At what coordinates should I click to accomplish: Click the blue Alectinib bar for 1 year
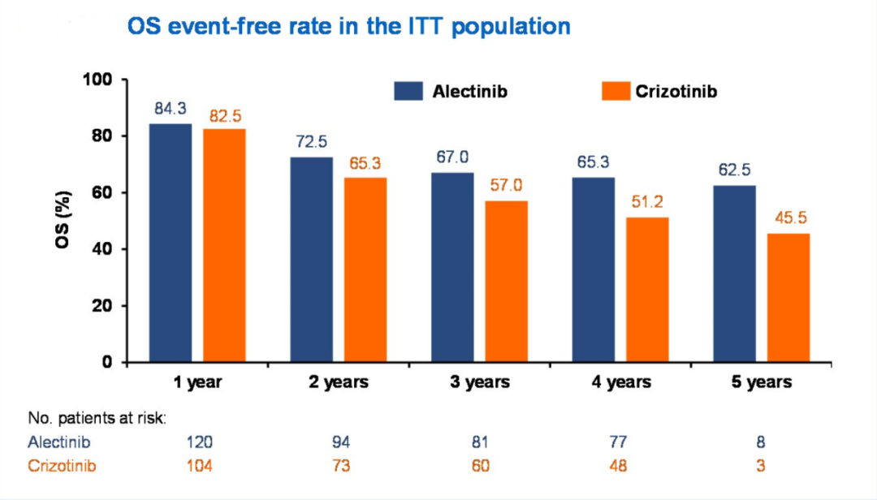[x=170, y=244]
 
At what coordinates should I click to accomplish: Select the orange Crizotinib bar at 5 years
[x=788, y=298]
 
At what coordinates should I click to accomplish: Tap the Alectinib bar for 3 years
[x=452, y=268]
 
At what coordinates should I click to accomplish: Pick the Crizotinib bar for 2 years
[x=365, y=270]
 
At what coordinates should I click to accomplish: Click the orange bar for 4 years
[x=647, y=290]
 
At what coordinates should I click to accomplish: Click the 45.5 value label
[x=788, y=218]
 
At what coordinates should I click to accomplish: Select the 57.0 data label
[x=507, y=186]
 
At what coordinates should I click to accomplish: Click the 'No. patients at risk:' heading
[x=97, y=419]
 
